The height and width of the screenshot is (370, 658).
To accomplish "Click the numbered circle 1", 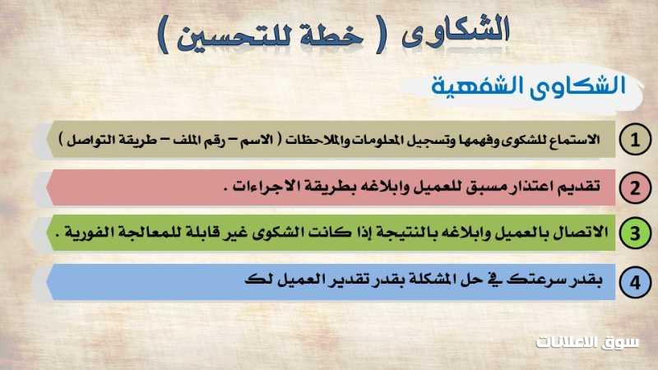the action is click(x=635, y=139).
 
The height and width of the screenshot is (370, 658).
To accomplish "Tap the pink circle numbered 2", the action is click(x=635, y=187).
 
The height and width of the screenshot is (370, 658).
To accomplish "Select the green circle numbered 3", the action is click(x=635, y=234).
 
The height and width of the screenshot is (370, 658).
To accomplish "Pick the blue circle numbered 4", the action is click(x=635, y=282).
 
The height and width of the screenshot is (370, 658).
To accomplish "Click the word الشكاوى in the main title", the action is click(x=456, y=31).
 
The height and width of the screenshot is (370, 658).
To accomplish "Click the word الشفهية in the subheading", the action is click(x=477, y=86).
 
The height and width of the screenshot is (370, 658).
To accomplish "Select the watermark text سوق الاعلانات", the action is click(x=587, y=342).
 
